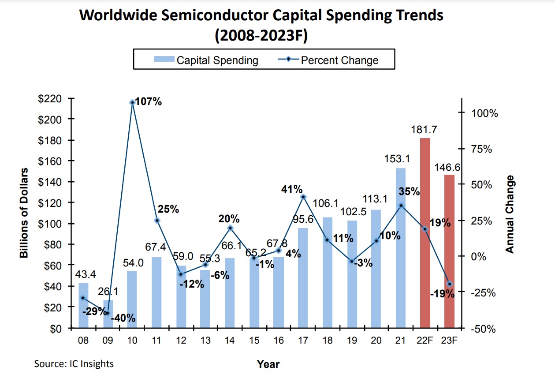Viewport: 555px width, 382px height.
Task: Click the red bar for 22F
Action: tap(425, 234)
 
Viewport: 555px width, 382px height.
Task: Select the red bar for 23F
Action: tap(449, 251)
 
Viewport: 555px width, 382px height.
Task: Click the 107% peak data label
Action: tap(149, 102)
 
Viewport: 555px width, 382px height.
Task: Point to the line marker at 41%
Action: tap(303, 197)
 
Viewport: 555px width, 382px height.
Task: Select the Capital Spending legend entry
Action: tap(206, 60)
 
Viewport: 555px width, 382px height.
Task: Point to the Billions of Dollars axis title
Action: tap(24, 213)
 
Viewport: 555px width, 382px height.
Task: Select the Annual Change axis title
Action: tap(510, 214)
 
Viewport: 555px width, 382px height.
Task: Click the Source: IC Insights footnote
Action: tap(74, 364)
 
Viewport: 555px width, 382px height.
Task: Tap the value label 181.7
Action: tap(425, 131)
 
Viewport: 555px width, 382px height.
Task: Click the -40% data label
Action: tap(123, 318)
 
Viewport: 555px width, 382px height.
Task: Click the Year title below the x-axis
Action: tap(268, 364)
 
